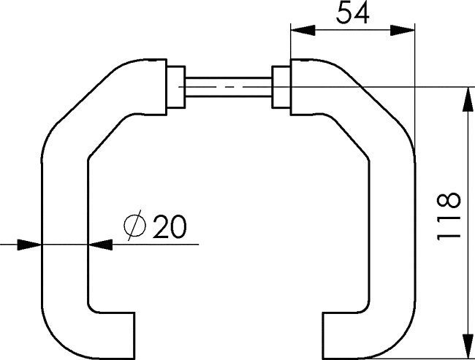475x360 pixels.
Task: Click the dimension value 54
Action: pyautogui.click(x=353, y=12)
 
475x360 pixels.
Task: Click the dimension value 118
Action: pyautogui.click(x=449, y=216)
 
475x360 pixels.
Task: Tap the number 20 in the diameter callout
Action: pyautogui.click(x=170, y=226)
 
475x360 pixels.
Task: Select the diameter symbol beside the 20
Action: pyautogui.click(x=134, y=226)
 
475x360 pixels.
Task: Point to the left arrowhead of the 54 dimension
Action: pyautogui.click(x=303, y=30)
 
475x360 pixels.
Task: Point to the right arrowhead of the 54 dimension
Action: pyautogui.click(x=403, y=30)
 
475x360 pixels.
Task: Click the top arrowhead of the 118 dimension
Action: pyautogui.click(x=468, y=99)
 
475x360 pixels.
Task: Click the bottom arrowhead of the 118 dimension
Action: pyautogui.click(x=468, y=346)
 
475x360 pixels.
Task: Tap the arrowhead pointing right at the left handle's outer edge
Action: pyautogui.click(x=29, y=245)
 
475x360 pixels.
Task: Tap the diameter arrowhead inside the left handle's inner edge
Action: pyautogui.click(x=100, y=245)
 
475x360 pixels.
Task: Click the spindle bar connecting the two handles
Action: pyautogui.click(x=229, y=87)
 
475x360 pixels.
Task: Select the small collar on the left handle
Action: pyautogui.click(x=176, y=87)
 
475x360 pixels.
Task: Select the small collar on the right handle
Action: pyautogui.click(x=281, y=87)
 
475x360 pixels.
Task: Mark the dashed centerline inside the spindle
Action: pyautogui.click(x=229, y=87)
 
